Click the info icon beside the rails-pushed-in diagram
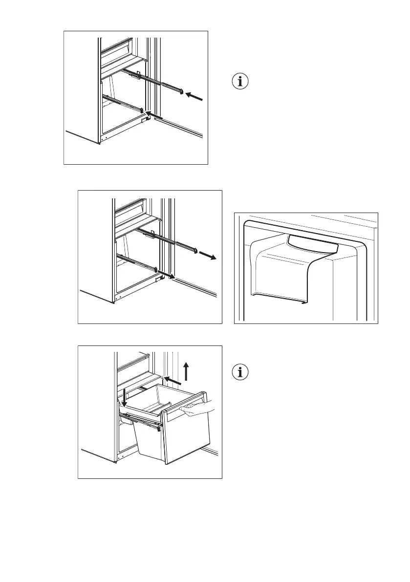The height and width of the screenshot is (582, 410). click(239, 82)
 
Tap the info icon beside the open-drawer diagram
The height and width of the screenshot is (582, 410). click(239, 372)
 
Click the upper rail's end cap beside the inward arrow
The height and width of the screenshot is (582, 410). click(182, 92)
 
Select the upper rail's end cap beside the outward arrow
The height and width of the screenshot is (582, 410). click(195, 251)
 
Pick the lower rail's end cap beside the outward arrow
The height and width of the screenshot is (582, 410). click(156, 270)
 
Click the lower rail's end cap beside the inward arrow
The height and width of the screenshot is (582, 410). click(142, 110)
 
